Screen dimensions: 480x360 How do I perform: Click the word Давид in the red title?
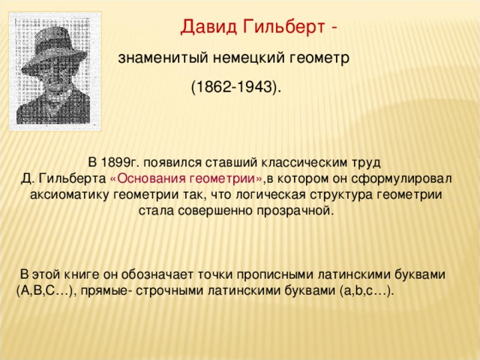[208, 28]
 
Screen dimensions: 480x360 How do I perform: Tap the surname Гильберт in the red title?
[283, 27]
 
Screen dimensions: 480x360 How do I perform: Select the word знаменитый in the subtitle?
[163, 58]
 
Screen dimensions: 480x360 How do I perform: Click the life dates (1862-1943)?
[236, 87]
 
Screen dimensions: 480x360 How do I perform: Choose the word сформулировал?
[401, 178]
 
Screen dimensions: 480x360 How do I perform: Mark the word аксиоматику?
[69, 195]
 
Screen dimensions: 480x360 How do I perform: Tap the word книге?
[82, 274]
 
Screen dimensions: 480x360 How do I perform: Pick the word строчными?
[169, 290]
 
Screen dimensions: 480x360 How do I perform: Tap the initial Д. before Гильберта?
[28, 178]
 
